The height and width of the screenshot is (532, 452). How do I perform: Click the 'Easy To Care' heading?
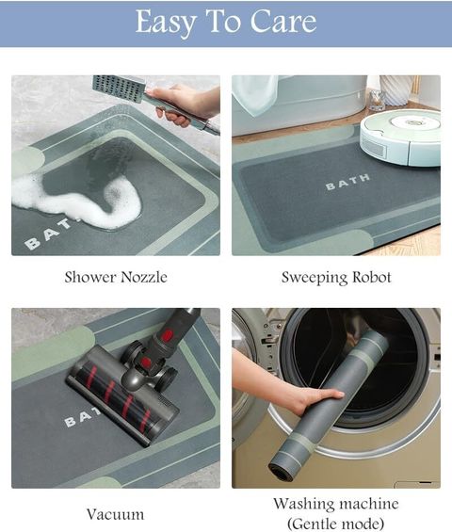(x=226, y=22)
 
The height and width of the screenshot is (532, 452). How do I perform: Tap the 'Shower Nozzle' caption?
(x=116, y=277)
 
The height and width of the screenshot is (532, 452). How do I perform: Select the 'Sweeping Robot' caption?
(x=336, y=278)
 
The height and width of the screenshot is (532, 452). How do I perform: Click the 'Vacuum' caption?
(x=116, y=514)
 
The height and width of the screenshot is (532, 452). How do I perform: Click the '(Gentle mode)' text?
(x=336, y=524)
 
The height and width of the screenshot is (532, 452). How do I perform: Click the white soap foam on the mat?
(x=78, y=201)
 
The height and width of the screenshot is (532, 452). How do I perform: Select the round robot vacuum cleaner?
(x=400, y=137)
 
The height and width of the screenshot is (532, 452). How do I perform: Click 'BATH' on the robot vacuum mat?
(x=347, y=182)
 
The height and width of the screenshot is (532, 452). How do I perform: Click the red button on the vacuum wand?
(x=166, y=335)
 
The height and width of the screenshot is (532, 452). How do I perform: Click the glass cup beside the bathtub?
(x=377, y=100)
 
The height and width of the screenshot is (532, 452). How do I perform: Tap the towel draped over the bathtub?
(x=255, y=93)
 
